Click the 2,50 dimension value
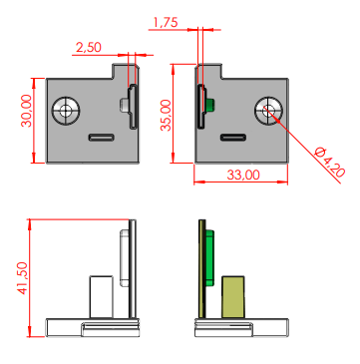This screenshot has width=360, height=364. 89,47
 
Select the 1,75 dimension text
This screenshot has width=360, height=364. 166,23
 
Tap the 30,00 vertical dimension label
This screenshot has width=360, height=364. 27,111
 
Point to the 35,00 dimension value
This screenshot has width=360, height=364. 167,115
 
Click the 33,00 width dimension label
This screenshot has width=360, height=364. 243,175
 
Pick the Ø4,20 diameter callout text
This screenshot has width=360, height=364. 330,162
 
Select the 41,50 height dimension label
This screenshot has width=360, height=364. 23,278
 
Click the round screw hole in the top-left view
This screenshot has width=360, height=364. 66,111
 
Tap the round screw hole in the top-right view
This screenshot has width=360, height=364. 268,111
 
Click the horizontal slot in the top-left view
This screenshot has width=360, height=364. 102,138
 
